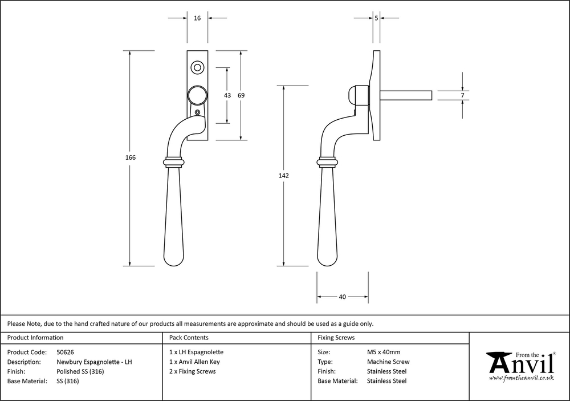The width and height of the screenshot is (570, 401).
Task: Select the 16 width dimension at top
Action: click(197, 18)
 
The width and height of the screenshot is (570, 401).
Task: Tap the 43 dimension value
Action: click(227, 95)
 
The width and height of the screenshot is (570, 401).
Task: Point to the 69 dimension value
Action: click(241, 95)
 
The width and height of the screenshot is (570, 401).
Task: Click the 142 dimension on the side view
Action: click(284, 176)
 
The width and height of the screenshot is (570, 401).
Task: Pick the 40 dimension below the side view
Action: click(342, 297)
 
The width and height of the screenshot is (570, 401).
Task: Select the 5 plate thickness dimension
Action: click(377, 18)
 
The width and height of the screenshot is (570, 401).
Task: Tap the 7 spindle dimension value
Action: click(462, 95)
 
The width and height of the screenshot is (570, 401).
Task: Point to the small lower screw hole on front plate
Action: click(198, 112)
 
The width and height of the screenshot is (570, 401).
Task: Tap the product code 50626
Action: click(68, 352)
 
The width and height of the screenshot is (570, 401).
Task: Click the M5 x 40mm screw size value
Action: click(384, 352)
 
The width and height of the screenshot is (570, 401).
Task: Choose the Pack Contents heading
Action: click(189, 338)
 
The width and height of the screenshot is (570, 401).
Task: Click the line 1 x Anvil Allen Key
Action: click(194, 362)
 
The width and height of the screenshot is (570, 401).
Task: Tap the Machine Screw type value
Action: click(388, 362)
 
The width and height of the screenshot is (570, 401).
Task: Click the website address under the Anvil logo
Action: click(522, 378)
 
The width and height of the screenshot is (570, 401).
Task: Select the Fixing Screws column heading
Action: click(336, 338)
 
